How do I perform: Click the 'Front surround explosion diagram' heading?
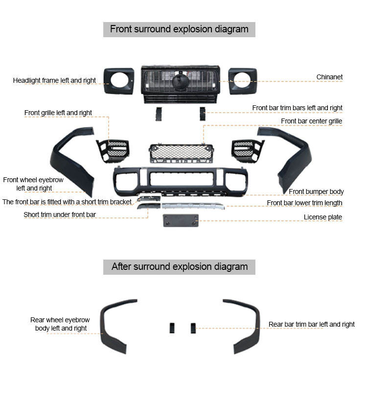click(179, 29)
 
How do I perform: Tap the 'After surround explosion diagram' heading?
click(179, 267)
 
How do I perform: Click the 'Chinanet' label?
click(329, 77)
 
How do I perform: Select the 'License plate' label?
click(323, 217)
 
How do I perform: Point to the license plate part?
click(181, 220)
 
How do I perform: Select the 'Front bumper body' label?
click(316, 192)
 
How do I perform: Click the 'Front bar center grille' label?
click(311, 121)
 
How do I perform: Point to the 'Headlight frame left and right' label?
click(54, 80)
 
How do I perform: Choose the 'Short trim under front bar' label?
click(60, 215)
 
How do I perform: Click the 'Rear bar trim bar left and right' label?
click(312, 324)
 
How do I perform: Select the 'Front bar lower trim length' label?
click(304, 203)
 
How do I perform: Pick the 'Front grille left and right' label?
click(58, 113)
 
